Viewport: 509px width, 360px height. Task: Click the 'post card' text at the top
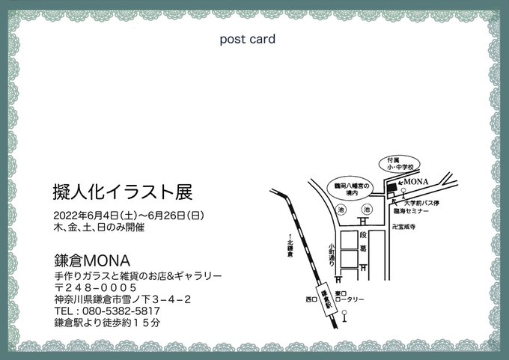248,39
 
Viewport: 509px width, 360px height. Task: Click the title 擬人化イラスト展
124,192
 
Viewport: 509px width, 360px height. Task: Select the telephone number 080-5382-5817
108,311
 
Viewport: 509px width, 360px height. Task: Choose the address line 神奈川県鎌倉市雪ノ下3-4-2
123,299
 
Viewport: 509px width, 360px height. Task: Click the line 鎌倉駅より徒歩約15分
108,323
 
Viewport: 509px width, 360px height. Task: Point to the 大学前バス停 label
424,202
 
